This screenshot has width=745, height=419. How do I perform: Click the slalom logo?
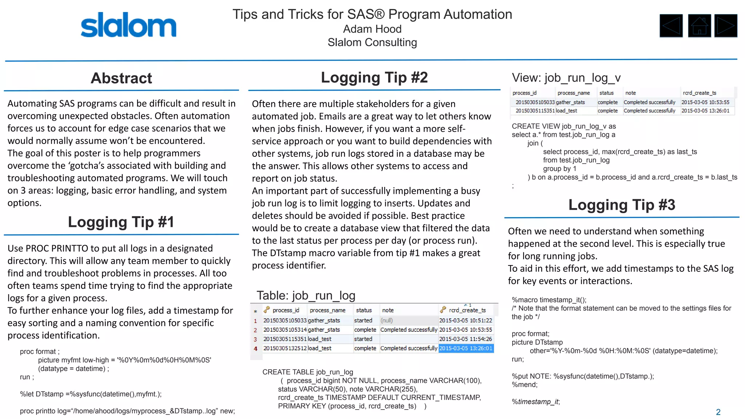128,25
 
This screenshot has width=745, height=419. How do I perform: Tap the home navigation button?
699,26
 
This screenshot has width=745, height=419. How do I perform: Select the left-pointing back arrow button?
671,26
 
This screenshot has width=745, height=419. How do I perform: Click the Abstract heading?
121,78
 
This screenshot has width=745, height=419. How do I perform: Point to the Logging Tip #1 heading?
121,222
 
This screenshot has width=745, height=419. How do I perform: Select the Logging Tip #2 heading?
374,77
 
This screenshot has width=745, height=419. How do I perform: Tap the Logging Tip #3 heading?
622,205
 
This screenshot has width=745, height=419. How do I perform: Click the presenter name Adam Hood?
372,29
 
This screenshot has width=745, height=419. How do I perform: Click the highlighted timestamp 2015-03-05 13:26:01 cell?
466,348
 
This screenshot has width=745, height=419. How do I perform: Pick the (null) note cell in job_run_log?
387,320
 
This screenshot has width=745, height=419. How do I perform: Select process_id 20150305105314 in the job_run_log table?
285,330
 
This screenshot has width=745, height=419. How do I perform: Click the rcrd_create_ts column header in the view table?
699,93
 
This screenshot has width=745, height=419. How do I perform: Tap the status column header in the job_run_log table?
364,310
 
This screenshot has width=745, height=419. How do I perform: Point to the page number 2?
718,412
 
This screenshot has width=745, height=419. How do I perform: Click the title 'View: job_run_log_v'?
566,78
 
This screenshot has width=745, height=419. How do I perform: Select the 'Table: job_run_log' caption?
306,295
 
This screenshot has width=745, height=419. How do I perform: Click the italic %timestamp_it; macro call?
536,402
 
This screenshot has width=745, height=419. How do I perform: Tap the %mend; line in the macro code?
525,385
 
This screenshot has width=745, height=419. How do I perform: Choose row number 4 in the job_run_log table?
255,348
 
